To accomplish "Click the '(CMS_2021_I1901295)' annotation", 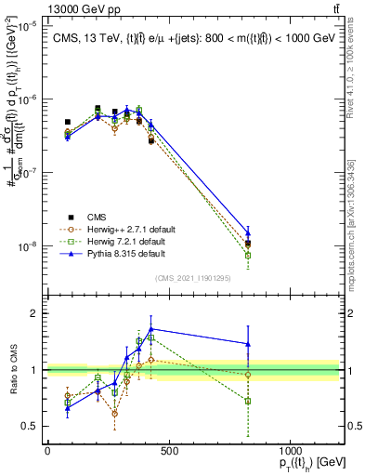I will [193, 277].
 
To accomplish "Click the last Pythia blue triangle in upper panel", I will [248, 233].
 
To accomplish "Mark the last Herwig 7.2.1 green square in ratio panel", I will [248, 401].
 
